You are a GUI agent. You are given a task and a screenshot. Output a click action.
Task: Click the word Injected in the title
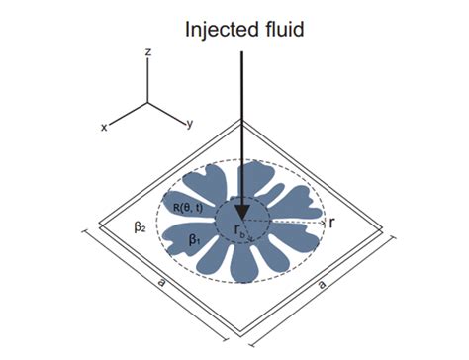click(217, 29)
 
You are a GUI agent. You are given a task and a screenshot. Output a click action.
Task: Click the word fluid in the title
click(287, 29)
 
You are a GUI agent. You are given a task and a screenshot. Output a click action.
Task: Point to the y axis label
click(188, 125)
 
